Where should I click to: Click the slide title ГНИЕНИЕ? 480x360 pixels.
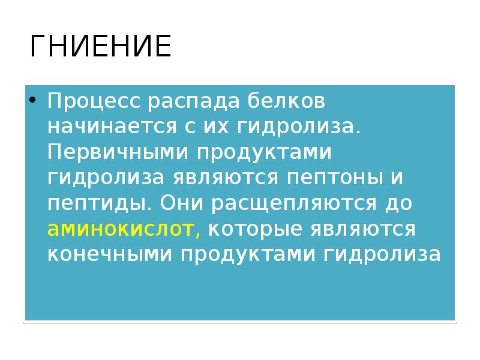pyautogui.click(x=100, y=47)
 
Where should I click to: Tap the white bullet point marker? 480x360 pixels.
pyautogui.click(x=34, y=101)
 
